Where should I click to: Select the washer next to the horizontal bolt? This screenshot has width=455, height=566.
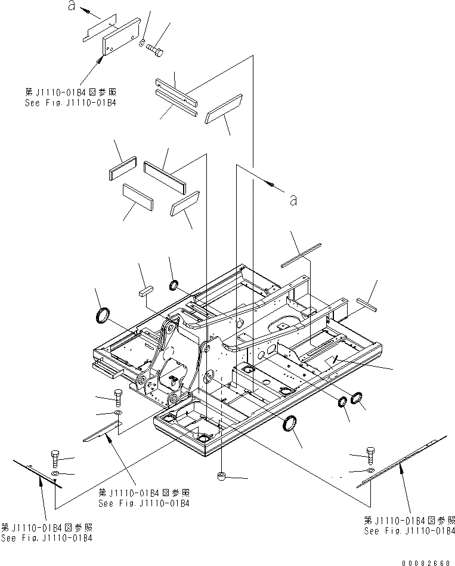(x=141, y=43)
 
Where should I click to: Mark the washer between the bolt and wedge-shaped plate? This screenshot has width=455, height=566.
(x=117, y=413)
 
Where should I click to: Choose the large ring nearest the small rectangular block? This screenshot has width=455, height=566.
(x=103, y=315)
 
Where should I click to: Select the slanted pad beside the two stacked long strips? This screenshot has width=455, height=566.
(x=223, y=107)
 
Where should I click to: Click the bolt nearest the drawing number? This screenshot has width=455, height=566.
(x=370, y=456)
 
